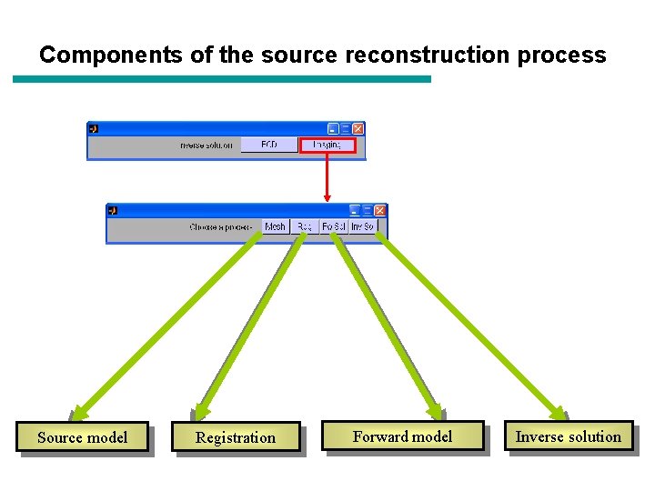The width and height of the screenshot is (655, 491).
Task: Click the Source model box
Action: point(82,437)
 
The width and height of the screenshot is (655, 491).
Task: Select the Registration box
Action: point(236,437)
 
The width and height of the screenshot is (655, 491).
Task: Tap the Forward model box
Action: point(402,436)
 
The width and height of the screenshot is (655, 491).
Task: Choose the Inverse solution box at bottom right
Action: point(568,436)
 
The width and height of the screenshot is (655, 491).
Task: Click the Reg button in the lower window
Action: point(304,226)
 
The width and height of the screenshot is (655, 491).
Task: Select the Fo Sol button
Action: point(334,226)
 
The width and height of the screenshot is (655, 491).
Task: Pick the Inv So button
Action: point(362,226)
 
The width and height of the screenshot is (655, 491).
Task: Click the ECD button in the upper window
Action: point(269,145)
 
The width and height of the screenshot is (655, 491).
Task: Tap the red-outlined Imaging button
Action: point(327,145)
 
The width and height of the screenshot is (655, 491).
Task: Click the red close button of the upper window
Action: point(358,129)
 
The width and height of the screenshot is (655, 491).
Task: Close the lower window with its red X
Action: point(380,210)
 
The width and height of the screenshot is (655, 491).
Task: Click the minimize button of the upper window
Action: point(333,129)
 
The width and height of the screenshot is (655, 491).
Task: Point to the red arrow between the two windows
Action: point(327,177)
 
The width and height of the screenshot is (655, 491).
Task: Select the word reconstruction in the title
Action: point(402,55)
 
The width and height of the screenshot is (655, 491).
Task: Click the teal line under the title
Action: point(222,79)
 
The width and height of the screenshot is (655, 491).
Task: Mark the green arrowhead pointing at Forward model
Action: point(436,412)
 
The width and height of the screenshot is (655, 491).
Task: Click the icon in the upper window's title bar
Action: point(94,129)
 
